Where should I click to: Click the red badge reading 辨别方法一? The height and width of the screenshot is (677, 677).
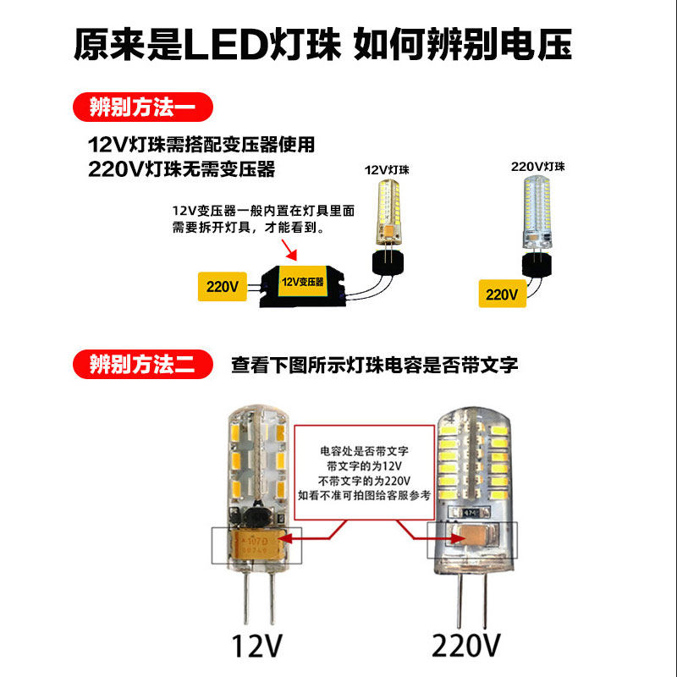[x=141, y=107]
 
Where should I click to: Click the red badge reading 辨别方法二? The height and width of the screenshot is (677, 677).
[x=141, y=365]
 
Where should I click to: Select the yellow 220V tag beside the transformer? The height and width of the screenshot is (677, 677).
[x=223, y=286]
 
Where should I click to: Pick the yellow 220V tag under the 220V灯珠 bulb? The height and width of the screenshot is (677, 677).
[x=501, y=294]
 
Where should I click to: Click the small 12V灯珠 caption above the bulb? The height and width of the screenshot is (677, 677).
[x=387, y=169]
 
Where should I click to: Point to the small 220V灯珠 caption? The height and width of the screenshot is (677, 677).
[x=537, y=167]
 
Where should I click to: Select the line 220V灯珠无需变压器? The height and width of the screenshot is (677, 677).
[x=182, y=168]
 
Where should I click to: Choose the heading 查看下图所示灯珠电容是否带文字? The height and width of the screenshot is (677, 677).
[x=374, y=366]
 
